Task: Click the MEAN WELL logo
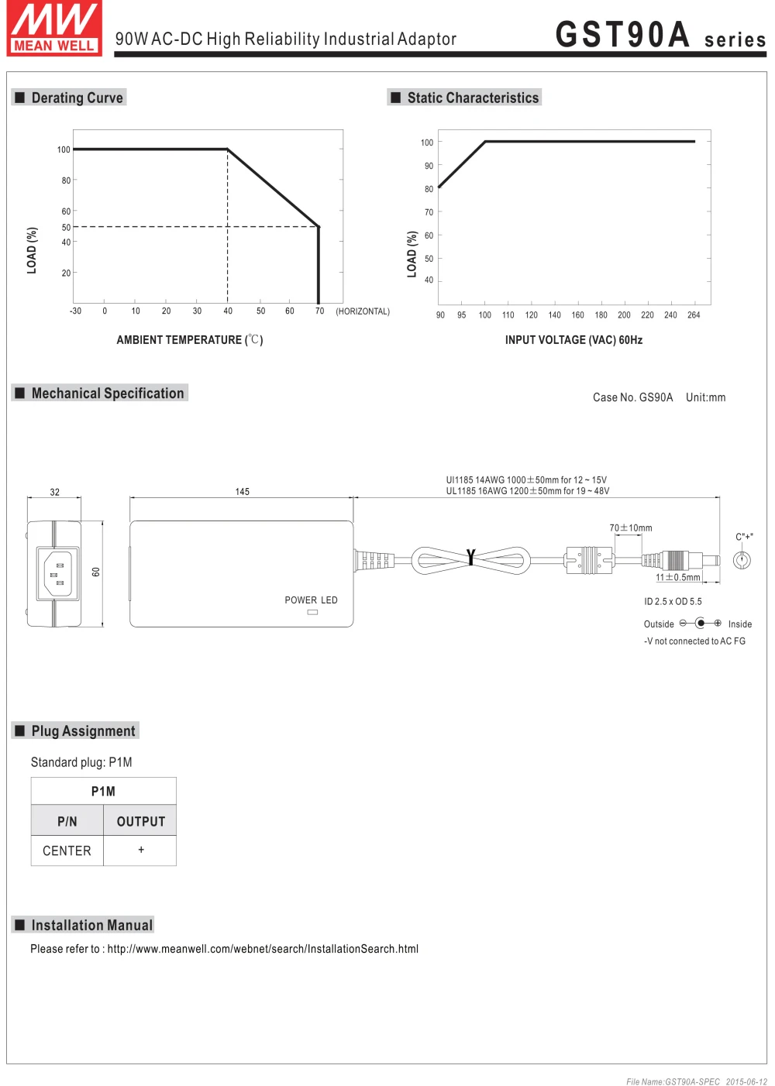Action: click(54, 29)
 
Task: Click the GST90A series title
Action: click(660, 35)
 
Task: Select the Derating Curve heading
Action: click(77, 98)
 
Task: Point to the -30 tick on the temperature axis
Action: click(75, 311)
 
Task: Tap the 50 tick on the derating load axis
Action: click(66, 227)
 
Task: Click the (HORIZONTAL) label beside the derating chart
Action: click(362, 311)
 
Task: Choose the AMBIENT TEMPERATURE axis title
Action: click(190, 340)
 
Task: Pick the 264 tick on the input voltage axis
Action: click(694, 315)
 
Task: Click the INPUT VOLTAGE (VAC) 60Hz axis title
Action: click(573, 340)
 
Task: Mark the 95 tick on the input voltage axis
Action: click(461, 315)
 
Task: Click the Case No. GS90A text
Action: click(632, 397)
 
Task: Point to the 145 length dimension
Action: click(243, 492)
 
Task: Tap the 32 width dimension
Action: click(54, 492)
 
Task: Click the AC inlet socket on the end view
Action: click(58, 574)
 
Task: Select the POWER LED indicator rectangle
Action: click(312, 612)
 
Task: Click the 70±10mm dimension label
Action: click(631, 528)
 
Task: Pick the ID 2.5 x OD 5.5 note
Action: click(673, 602)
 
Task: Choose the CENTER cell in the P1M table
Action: click(67, 851)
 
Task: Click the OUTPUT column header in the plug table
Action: click(140, 821)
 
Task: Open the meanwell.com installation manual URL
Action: click(263, 949)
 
